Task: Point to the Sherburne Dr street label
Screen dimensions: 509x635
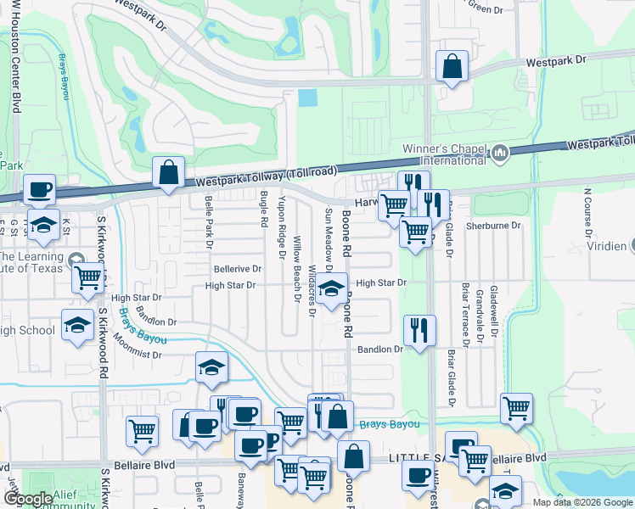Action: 492,226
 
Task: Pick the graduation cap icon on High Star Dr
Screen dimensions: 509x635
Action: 332,288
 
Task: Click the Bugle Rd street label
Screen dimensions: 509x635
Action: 263,209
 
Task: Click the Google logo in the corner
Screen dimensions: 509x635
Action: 28,499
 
